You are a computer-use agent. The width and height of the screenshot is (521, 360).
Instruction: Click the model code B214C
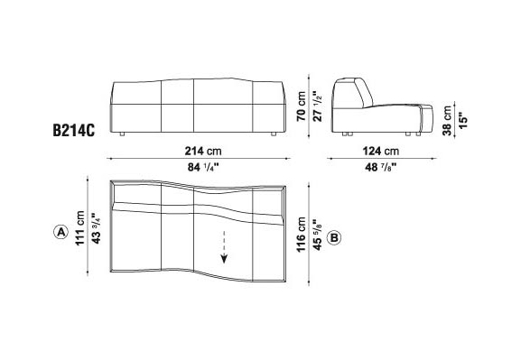coord(74,131)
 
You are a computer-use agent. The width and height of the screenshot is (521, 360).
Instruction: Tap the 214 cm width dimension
coord(203,151)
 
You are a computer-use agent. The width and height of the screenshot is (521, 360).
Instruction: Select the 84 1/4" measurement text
coord(203,168)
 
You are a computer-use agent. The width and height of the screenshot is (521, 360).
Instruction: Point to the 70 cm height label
coord(302,106)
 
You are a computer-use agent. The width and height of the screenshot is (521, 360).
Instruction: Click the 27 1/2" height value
coord(318,106)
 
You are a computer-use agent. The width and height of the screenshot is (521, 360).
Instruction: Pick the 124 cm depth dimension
coord(381,151)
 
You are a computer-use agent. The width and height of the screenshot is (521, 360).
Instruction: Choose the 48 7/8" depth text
coord(381,168)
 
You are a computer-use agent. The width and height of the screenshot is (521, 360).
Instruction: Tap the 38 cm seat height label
coord(447,121)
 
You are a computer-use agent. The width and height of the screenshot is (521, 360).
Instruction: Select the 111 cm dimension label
coord(80,228)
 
